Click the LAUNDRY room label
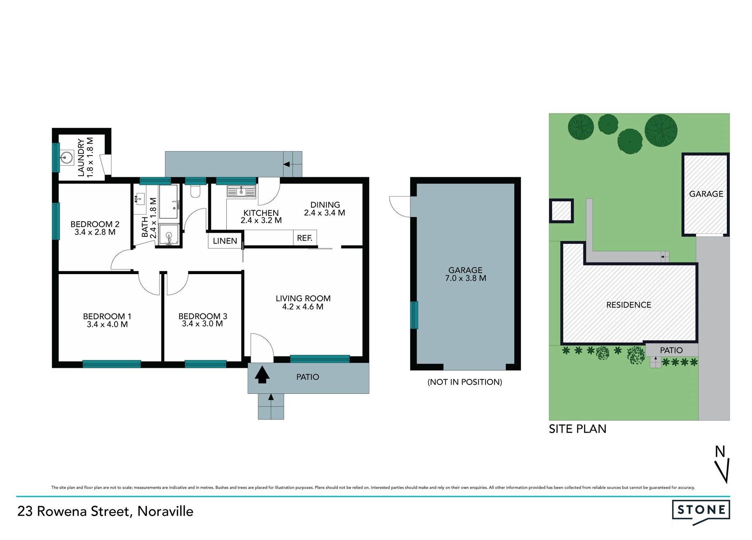tap(81, 157)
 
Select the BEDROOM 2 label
tap(94, 224)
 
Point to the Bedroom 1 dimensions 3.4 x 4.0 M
tap(107, 325)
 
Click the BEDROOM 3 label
tap(202, 316)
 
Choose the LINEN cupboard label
tap(225, 241)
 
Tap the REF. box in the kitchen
tap(304, 238)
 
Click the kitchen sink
tap(241, 192)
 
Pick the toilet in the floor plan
tap(195, 191)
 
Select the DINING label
tap(325, 205)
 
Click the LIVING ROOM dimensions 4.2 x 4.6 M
tap(302, 307)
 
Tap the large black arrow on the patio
tap(262, 375)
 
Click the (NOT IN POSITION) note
tap(465, 382)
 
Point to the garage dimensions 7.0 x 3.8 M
tap(465, 278)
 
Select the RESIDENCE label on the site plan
tap(628, 305)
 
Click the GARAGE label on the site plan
tap(706, 194)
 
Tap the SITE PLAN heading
tap(577, 429)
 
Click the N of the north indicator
tap(720, 451)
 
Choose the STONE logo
tap(701, 510)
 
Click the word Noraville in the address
tap(165, 511)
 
